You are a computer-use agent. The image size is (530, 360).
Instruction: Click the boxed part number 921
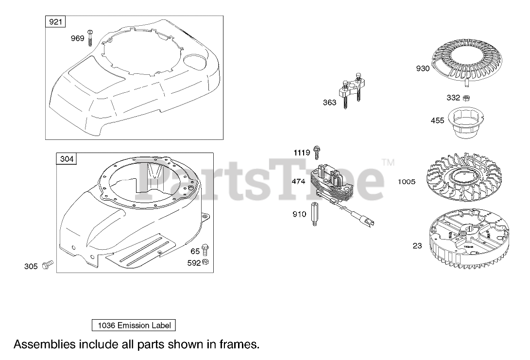pyautogui.click(x=55, y=22)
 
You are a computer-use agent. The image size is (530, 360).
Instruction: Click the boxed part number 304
pyautogui.click(x=67, y=159)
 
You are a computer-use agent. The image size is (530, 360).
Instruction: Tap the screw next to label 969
pyautogui.click(x=90, y=38)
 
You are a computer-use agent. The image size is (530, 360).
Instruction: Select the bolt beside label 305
pyautogui.click(x=47, y=265)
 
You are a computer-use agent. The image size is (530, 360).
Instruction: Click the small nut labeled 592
pyautogui.click(x=205, y=262)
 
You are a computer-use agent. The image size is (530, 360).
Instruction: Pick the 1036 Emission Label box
pyautogui.click(x=134, y=326)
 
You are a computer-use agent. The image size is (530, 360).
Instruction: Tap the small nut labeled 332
pyautogui.click(x=466, y=98)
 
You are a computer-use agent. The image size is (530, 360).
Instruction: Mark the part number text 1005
pyautogui.click(x=406, y=182)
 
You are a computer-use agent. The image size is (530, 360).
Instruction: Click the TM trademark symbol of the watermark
pyautogui.click(x=388, y=163)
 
